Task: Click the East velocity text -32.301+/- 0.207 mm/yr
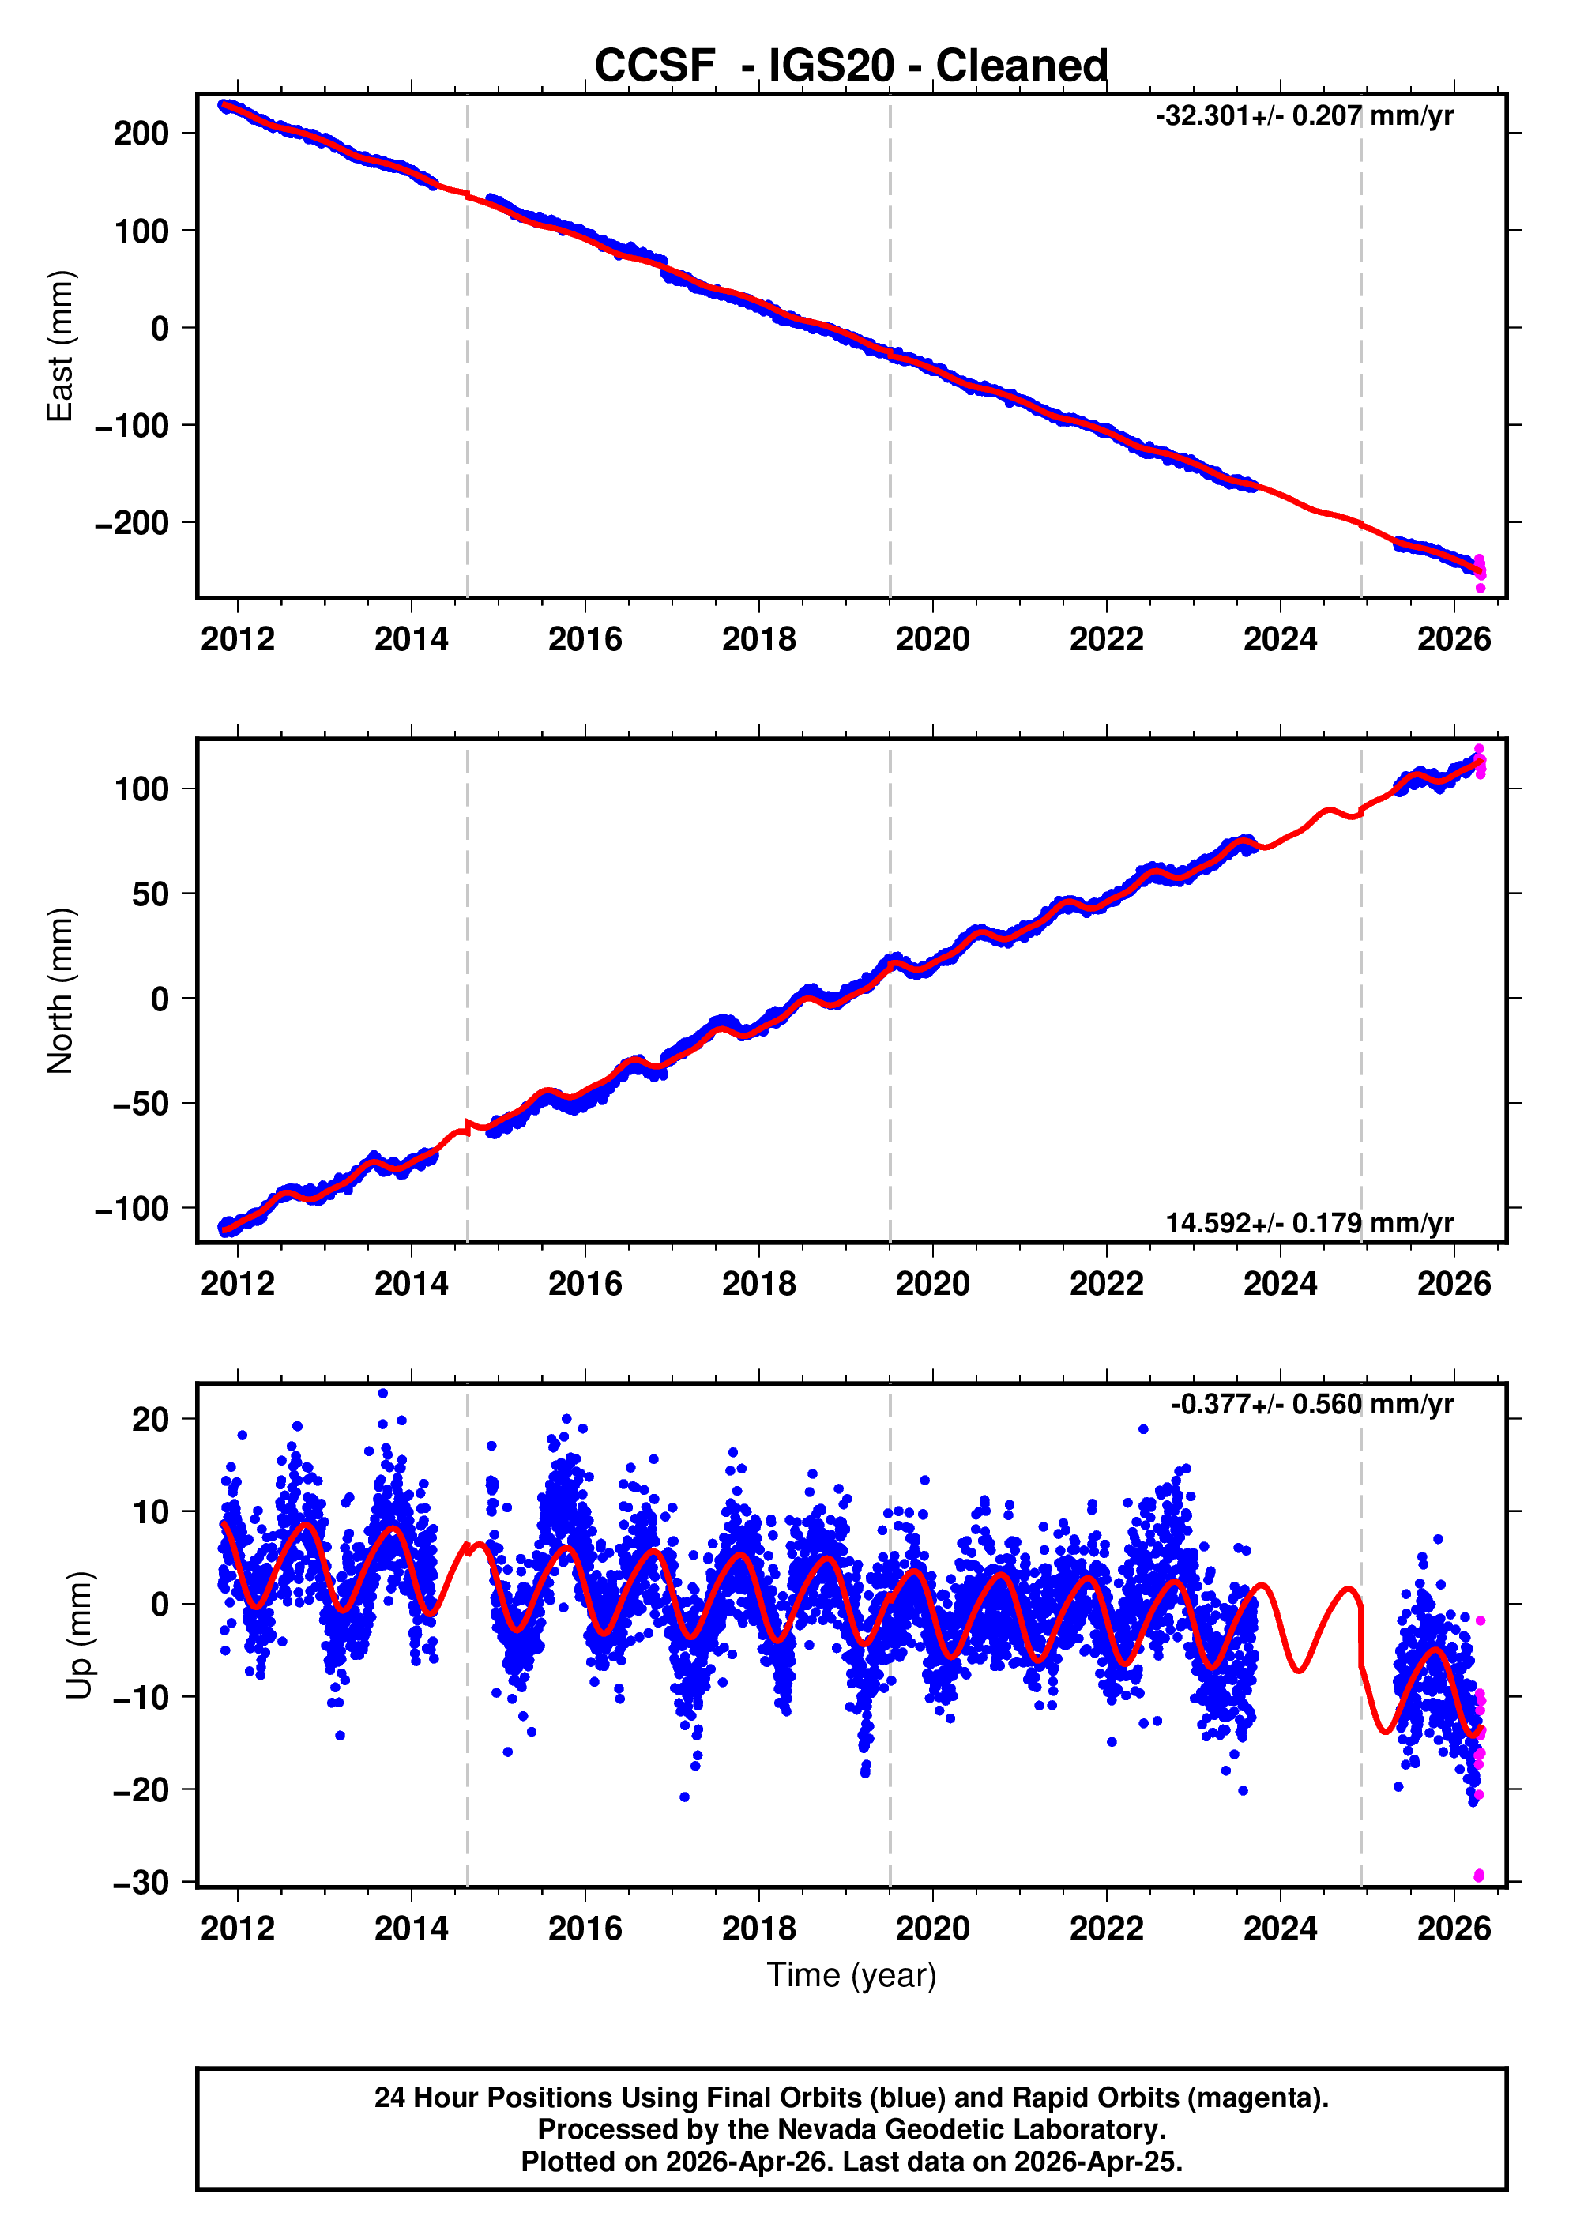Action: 1304,116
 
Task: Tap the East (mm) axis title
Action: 61,346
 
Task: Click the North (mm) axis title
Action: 61,991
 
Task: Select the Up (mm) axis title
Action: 80,1635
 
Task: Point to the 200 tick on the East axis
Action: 141,134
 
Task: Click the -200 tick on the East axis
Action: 133,524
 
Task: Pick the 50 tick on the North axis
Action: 151,894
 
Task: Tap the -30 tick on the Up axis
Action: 141,1882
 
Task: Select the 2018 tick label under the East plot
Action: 758,640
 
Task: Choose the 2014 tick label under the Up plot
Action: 411,1929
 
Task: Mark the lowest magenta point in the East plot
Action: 1481,588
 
